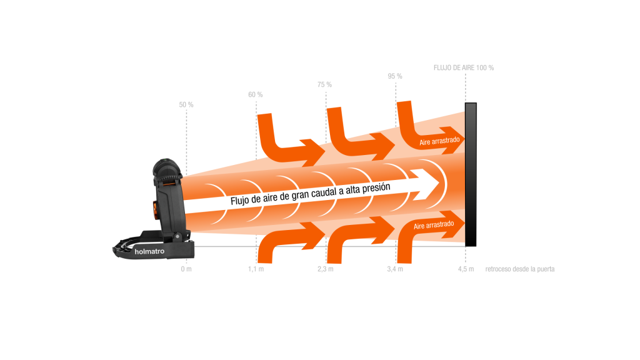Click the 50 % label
[x=186, y=104]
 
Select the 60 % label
[x=256, y=94]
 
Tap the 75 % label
[x=324, y=84]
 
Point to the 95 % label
[x=395, y=76]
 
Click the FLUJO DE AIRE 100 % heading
[x=464, y=67]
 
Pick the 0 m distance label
[x=186, y=269]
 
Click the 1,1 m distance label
[x=256, y=269]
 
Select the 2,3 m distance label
[x=326, y=269]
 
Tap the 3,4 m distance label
[x=395, y=269]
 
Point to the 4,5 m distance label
[x=466, y=269]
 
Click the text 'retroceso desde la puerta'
[x=520, y=269]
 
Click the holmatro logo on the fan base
[x=149, y=252]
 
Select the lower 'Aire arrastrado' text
[x=435, y=224]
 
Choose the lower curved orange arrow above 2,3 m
[x=353, y=234]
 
